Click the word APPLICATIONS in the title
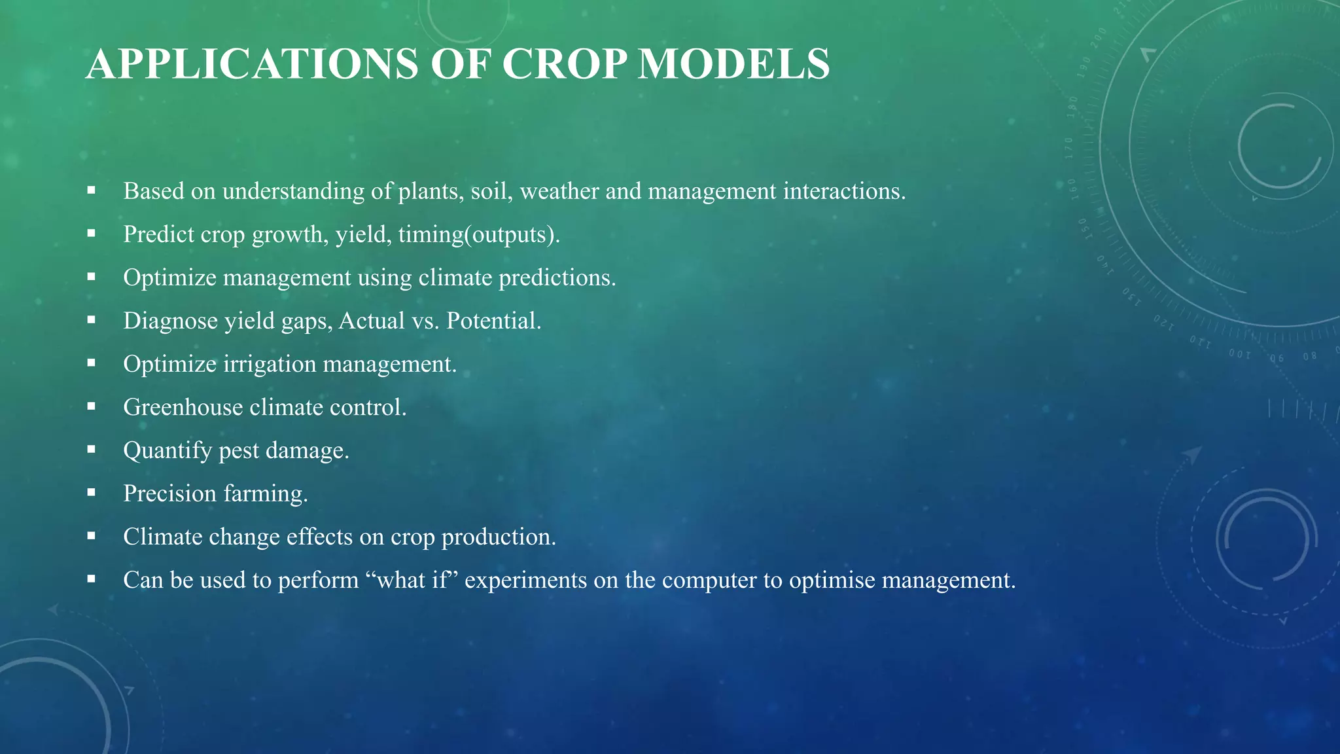(252, 64)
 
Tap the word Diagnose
(170, 321)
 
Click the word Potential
(493, 321)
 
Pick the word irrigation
(270, 364)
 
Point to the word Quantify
(167, 450)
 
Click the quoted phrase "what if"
(415, 580)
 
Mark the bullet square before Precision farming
(91, 493)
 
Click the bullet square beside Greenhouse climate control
(91, 406)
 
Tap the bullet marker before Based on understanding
(91, 190)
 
